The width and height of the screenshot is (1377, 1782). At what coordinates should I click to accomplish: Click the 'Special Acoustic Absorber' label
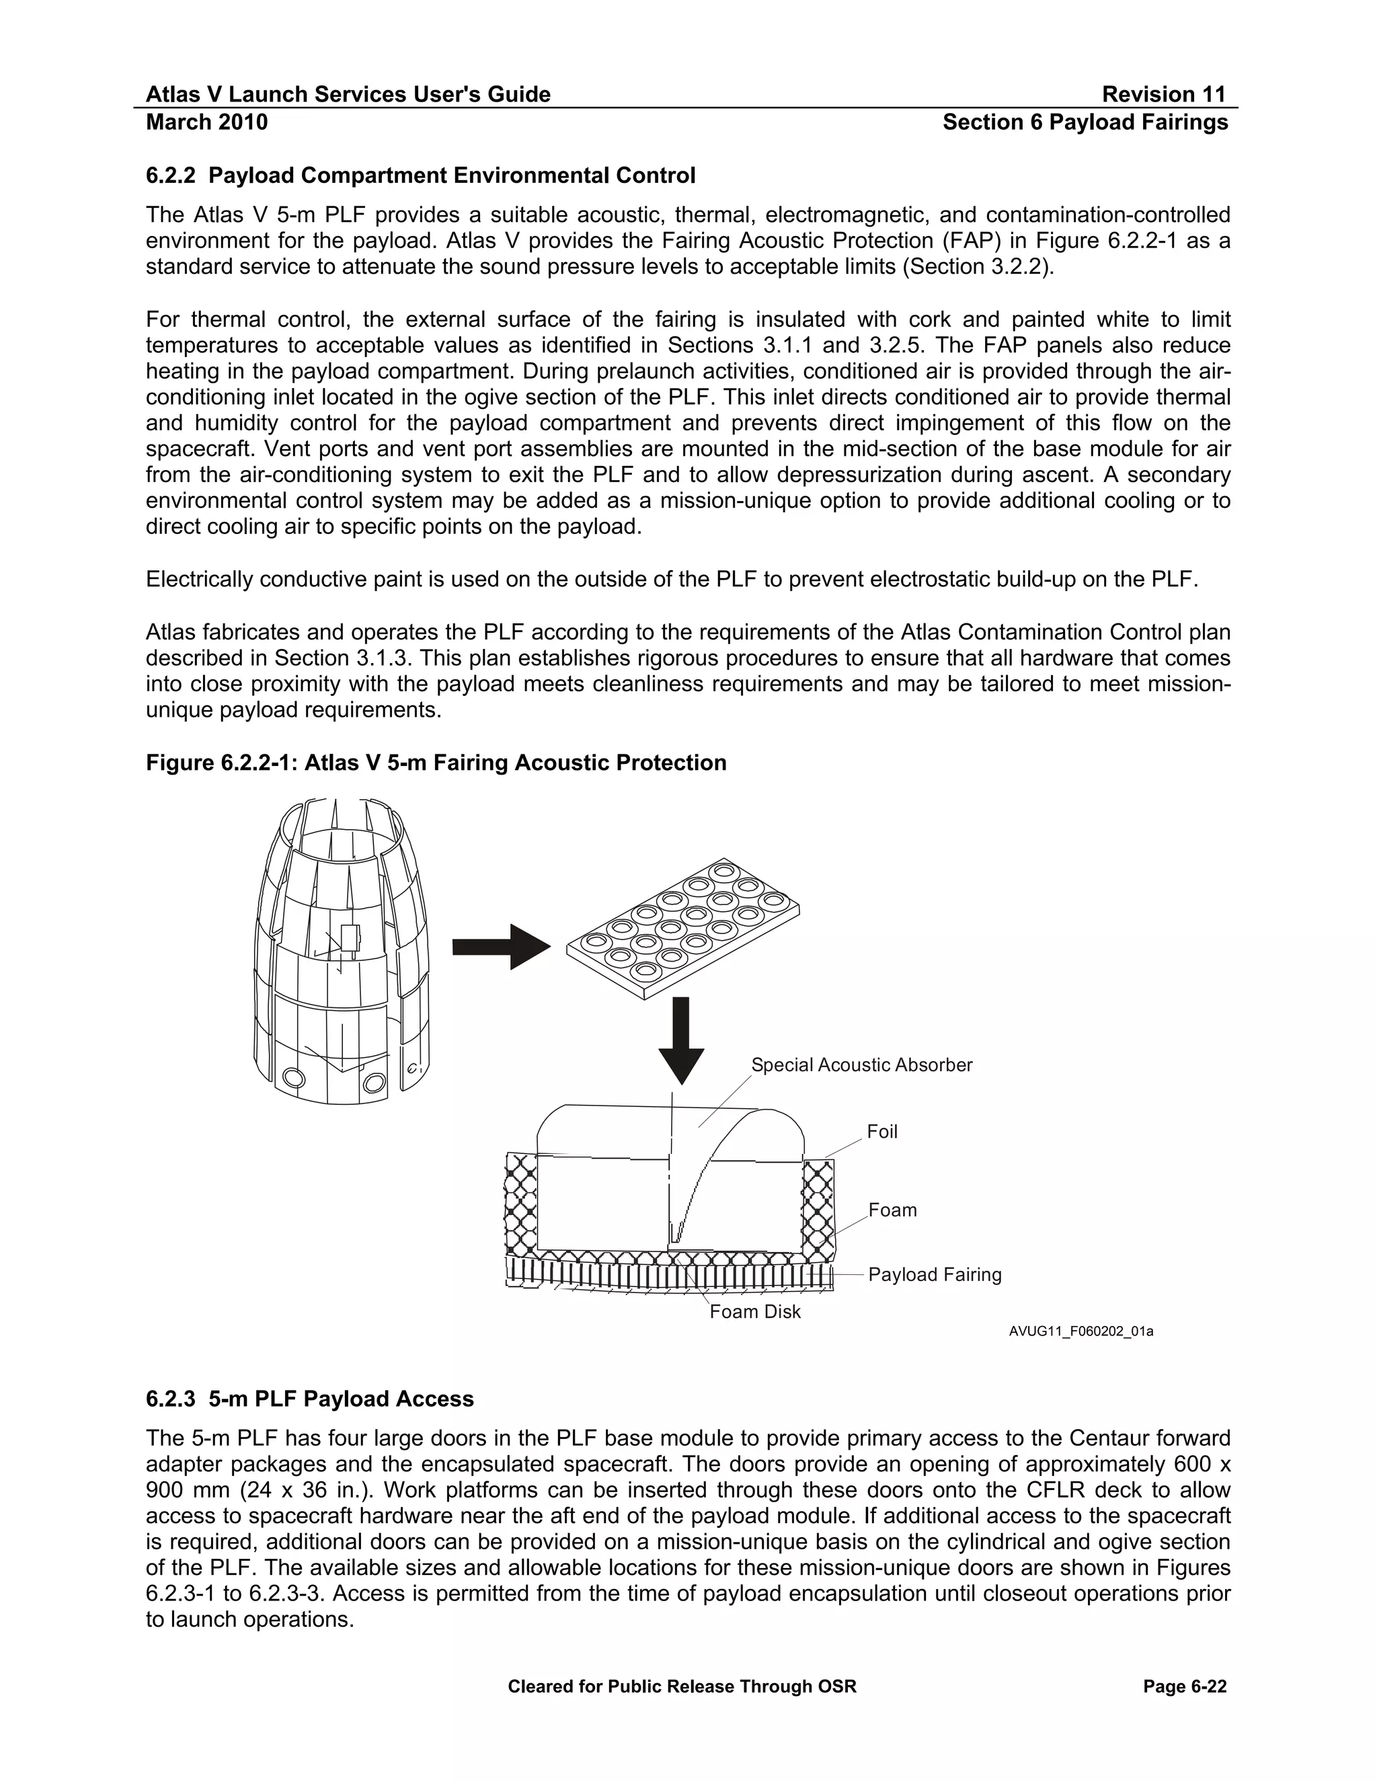861,1064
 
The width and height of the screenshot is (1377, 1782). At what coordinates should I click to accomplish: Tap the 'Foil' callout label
882,1132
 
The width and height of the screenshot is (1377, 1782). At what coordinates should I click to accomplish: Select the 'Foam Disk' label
754,1311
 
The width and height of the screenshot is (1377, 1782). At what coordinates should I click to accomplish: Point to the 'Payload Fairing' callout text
934,1274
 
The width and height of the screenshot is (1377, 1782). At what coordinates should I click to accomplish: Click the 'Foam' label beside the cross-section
892,1210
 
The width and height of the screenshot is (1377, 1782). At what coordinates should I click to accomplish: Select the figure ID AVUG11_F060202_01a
1081,1331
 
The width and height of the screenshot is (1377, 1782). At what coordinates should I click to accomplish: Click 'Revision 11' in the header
1163,95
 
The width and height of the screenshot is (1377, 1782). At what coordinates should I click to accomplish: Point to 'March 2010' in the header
206,122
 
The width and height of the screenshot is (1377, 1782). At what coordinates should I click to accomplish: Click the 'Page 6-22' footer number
1185,1687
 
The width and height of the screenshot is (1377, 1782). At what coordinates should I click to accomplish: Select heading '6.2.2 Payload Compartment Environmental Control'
420,176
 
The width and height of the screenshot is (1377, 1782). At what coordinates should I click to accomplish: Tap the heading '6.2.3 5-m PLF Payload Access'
309,1399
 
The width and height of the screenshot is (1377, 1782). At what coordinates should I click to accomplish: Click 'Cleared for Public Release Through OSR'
682,1687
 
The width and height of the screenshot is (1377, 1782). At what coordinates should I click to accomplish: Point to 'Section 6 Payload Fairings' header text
1085,122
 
